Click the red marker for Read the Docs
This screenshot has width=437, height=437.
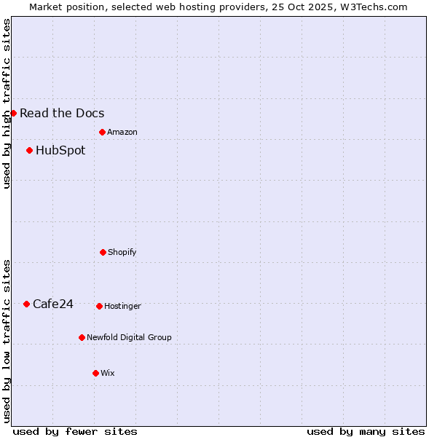click(x=13, y=113)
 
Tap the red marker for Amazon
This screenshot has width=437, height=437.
click(x=102, y=132)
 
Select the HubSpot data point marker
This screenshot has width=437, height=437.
click(x=29, y=150)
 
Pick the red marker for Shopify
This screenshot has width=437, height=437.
click(x=103, y=252)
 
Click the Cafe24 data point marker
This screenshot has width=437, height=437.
click(x=26, y=304)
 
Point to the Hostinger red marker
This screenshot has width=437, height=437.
click(x=99, y=306)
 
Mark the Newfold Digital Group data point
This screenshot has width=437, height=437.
click(x=82, y=337)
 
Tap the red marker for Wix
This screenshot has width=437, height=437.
click(x=95, y=373)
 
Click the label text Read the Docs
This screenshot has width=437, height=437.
click(x=62, y=113)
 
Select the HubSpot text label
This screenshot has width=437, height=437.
click(x=60, y=150)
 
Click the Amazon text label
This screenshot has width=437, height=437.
click(x=122, y=132)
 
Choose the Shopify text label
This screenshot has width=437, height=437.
click(x=122, y=252)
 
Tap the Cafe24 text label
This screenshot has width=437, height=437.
click(x=53, y=304)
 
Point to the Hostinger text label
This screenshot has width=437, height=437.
click(x=122, y=306)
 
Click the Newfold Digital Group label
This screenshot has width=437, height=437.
click(x=130, y=337)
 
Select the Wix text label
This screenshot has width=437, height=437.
click(x=108, y=373)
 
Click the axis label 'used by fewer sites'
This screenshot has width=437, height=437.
click(x=75, y=431)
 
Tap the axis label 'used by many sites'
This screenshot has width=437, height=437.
click(x=366, y=431)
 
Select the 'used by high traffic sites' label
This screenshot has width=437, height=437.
click(x=7, y=103)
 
